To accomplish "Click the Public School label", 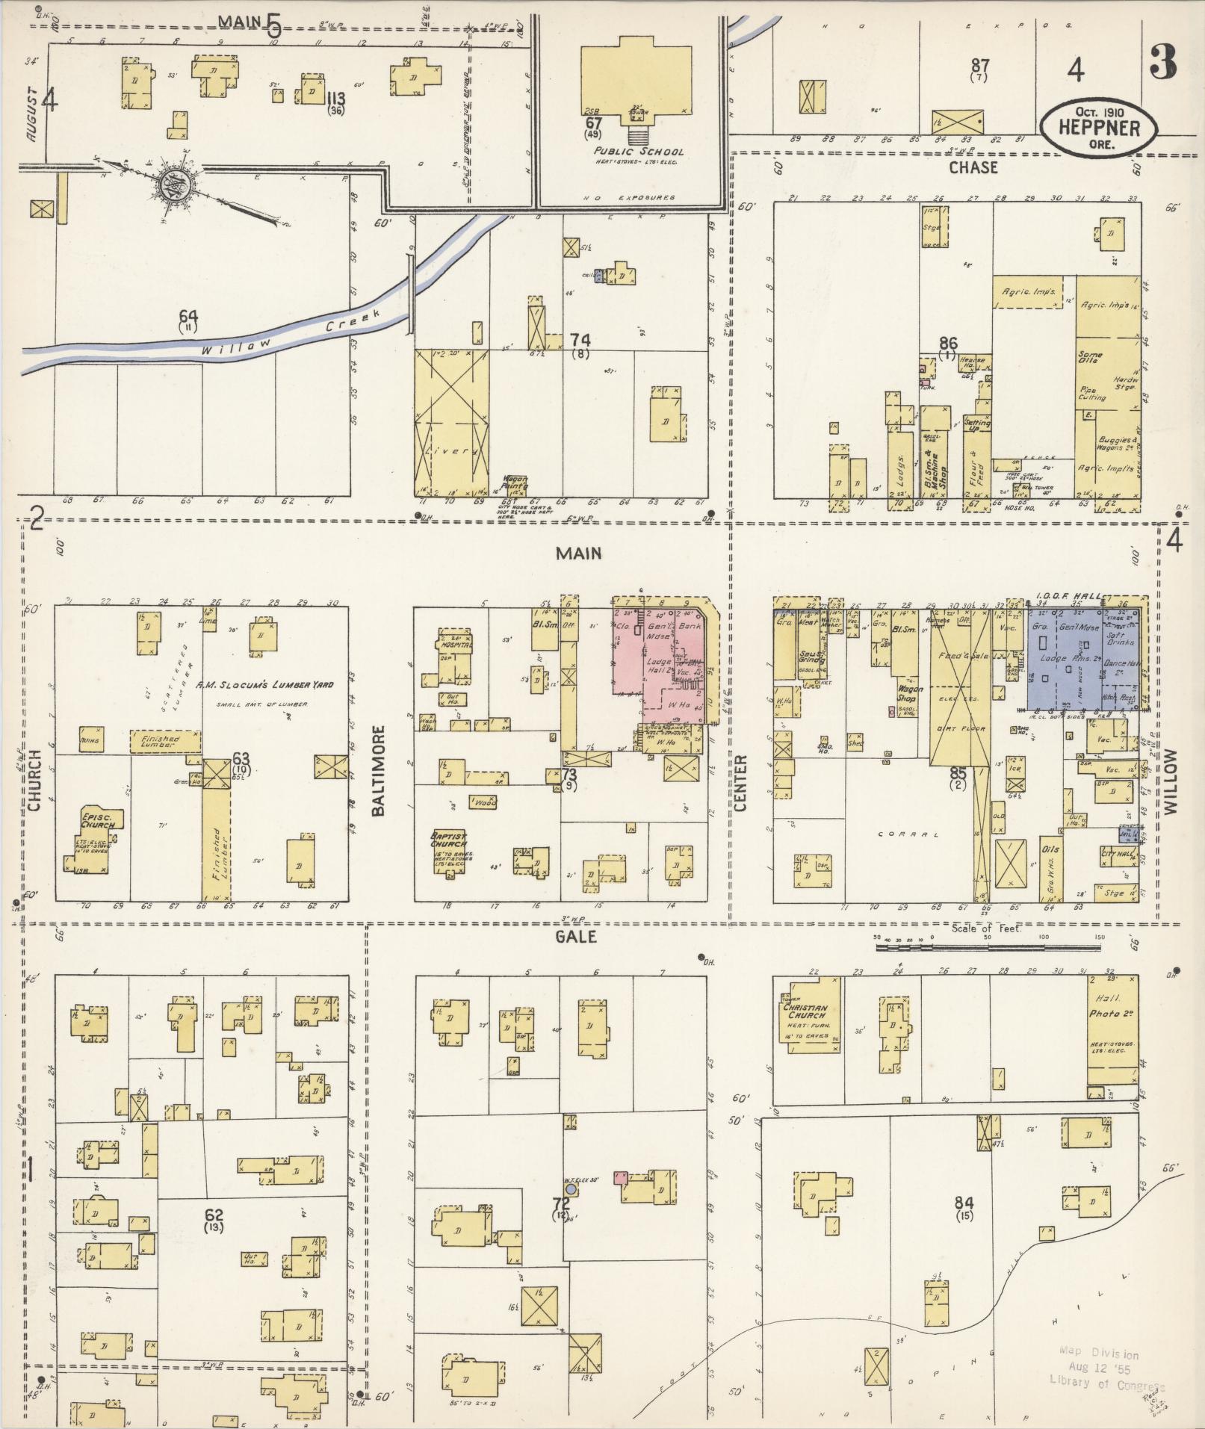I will coord(635,151).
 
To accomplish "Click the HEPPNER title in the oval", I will coord(1099,128).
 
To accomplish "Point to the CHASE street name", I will coord(973,167).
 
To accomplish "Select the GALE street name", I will coord(576,936).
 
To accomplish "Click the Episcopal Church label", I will coord(97,819).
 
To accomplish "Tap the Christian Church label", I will coord(804,1011).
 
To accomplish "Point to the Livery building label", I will coord(450,452).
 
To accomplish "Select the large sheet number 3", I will coord(1163,63).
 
